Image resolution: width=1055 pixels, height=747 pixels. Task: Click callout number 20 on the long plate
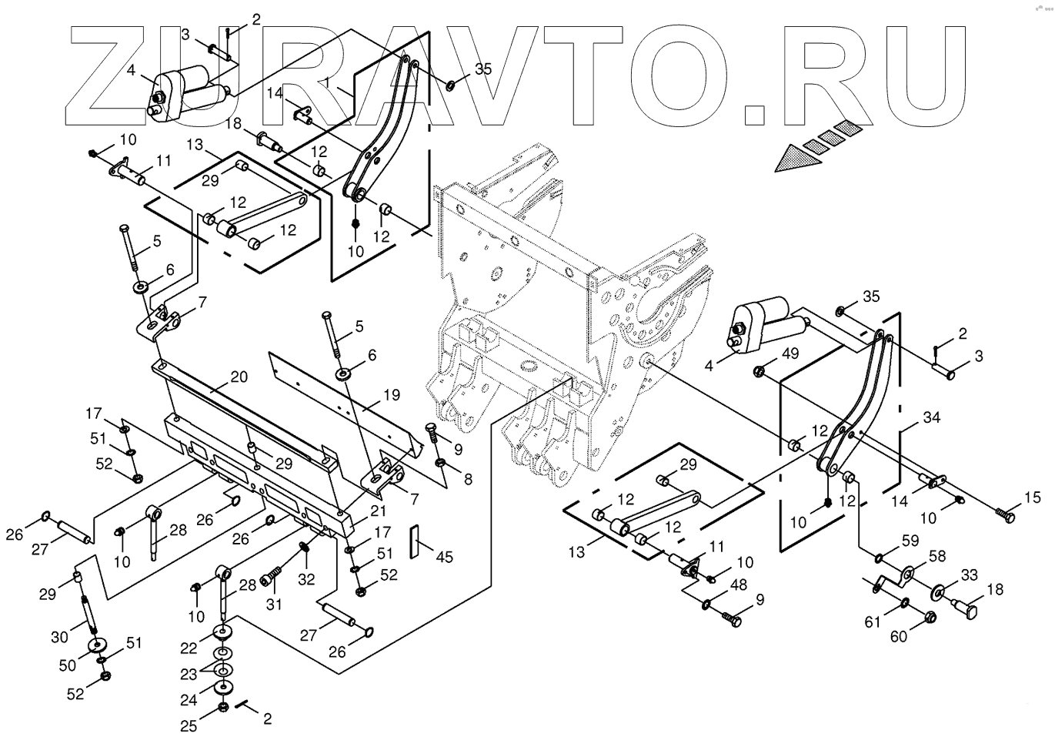pyautogui.click(x=239, y=377)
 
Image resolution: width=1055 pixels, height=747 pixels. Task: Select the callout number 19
pyautogui.click(x=392, y=395)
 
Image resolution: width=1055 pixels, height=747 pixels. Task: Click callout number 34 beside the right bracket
pyautogui.click(x=932, y=418)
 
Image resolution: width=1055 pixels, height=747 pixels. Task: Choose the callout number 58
pyautogui.click(x=936, y=556)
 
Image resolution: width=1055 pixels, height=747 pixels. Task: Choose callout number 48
pyautogui.click(x=738, y=585)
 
